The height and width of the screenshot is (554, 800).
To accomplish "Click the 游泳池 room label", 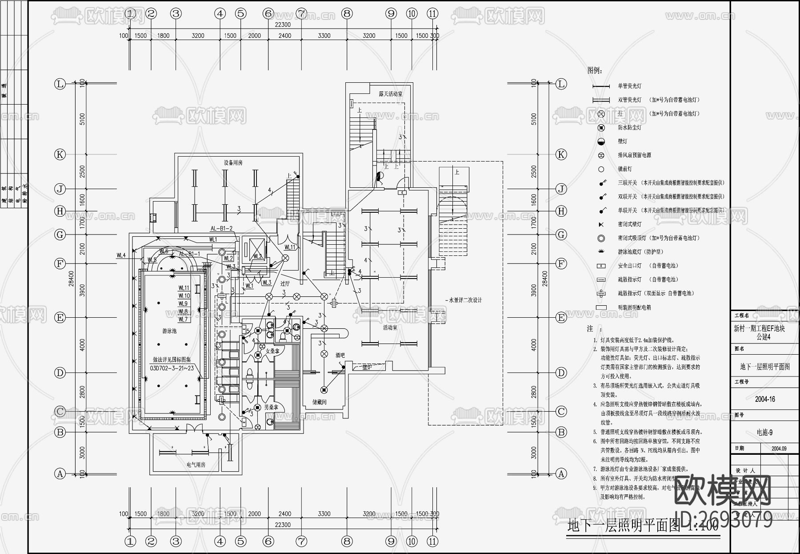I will (x=169, y=331).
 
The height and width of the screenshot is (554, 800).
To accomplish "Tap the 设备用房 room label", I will (x=233, y=163).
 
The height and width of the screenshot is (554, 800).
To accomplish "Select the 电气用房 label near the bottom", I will (x=196, y=465).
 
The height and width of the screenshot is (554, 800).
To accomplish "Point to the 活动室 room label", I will (x=390, y=328).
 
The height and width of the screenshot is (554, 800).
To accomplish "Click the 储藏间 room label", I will (x=319, y=402).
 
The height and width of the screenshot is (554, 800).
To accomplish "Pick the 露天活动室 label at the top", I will (x=391, y=94).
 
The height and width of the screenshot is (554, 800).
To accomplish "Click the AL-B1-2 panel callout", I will (x=221, y=228).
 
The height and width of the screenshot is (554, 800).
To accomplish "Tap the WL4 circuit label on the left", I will (x=121, y=255).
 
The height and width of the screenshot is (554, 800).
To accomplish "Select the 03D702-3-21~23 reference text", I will (x=172, y=368).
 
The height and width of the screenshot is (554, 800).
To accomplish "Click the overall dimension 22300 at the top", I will (x=282, y=25).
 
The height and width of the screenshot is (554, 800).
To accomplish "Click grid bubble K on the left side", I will (x=60, y=154).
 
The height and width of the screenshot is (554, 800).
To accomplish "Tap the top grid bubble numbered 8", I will (x=347, y=14).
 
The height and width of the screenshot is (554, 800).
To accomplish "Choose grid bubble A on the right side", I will (x=561, y=474).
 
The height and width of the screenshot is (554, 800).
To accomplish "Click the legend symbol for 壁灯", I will (x=601, y=142).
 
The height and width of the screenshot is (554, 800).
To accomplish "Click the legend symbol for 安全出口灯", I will (x=601, y=266).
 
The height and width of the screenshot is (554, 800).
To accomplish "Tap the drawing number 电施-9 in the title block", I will (x=764, y=433).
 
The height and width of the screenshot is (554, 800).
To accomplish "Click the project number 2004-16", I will (x=764, y=399).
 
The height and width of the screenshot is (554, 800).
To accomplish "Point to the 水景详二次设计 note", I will (x=465, y=300).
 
